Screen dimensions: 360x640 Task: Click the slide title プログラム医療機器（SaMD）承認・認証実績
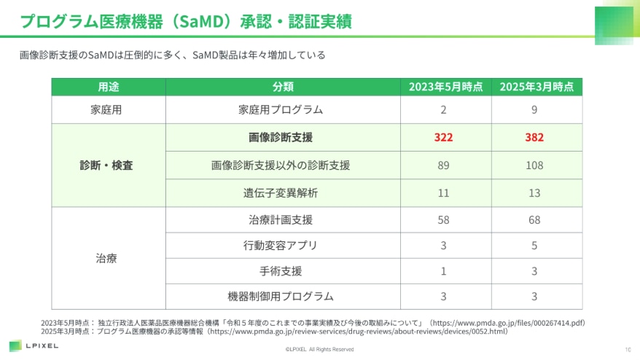pos(186,21)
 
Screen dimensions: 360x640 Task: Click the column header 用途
pos(109,87)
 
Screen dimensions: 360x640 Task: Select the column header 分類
pos(283,87)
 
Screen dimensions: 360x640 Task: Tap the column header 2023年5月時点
pos(445,87)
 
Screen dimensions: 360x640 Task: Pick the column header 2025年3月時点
pos(536,87)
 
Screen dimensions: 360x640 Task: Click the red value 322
pos(443,137)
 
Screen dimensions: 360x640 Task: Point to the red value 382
pos(534,137)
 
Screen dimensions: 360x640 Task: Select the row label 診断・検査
pos(106,165)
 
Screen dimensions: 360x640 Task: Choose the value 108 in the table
pos(534,165)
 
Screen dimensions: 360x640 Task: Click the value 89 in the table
pos(443,165)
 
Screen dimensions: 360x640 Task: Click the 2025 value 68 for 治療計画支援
pos(534,219)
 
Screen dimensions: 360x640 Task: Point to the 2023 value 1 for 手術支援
pos(443,271)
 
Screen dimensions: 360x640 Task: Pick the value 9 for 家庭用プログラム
pos(534,110)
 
